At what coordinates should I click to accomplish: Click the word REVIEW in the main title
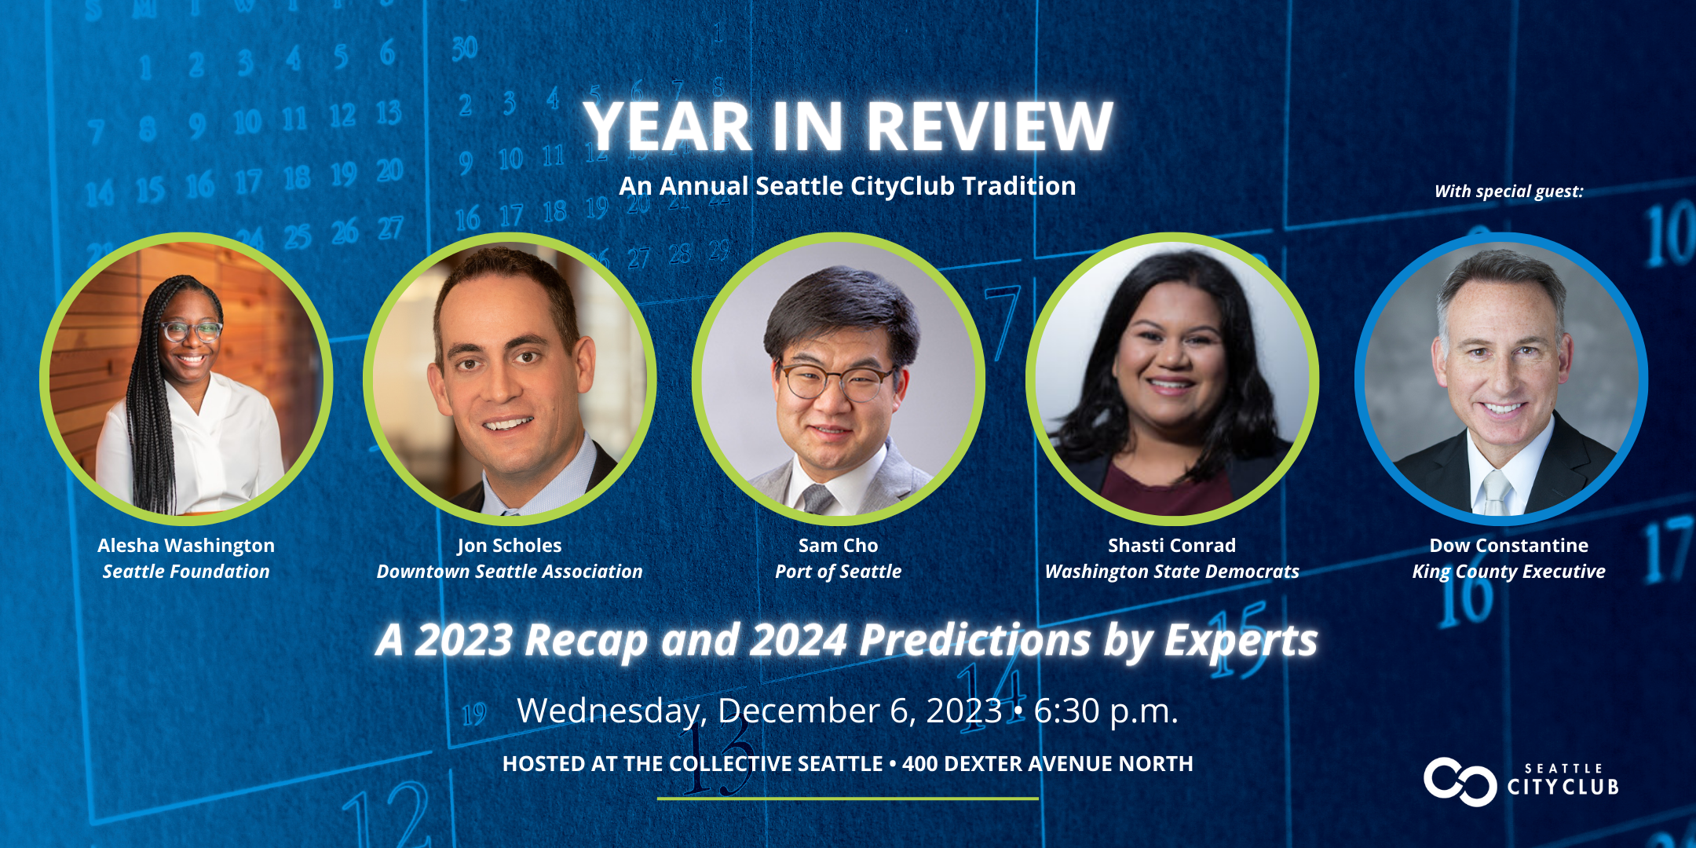tap(990, 126)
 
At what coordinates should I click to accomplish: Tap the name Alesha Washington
tap(186, 546)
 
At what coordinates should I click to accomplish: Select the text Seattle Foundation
tap(186, 572)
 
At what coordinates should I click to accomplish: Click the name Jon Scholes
tap(510, 546)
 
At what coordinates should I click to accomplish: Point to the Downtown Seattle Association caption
tap(510, 572)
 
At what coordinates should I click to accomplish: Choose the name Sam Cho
tap(839, 546)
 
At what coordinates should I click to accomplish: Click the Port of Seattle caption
tap(839, 572)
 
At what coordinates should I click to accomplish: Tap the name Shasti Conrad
tap(1171, 546)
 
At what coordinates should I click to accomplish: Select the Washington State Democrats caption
tap(1171, 572)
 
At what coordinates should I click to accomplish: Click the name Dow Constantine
tap(1508, 546)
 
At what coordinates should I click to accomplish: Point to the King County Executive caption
tap(1508, 572)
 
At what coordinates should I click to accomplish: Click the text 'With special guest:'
tap(1508, 192)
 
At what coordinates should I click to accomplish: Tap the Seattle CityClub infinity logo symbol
tap(1460, 781)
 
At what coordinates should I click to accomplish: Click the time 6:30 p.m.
tap(1106, 711)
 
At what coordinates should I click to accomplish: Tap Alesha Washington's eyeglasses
tap(192, 331)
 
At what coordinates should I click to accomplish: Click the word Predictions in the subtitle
tap(974, 641)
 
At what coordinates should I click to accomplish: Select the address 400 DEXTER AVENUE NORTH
tap(1047, 764)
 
